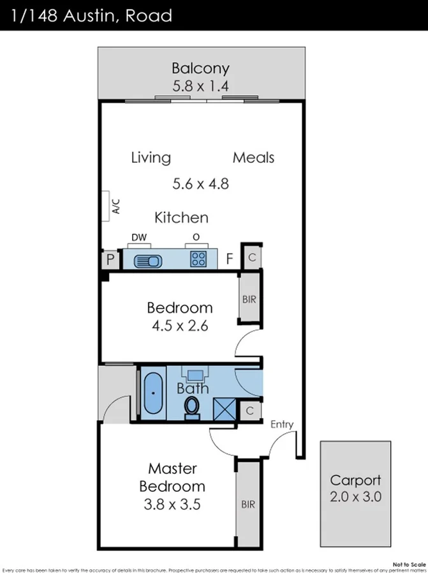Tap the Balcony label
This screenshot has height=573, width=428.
200,68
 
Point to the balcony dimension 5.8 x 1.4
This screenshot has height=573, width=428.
200,86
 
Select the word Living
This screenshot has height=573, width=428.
151,157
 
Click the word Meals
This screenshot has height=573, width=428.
253,157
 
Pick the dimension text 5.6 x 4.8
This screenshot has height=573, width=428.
200,184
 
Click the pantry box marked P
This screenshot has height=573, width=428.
110,260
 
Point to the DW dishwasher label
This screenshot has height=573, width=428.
139,238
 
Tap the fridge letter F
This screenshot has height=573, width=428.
229,259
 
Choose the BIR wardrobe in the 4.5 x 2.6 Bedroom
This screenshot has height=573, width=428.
249,298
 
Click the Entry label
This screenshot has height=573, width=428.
282,424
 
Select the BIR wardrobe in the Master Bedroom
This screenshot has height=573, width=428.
248,504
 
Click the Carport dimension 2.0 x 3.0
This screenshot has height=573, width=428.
355,497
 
